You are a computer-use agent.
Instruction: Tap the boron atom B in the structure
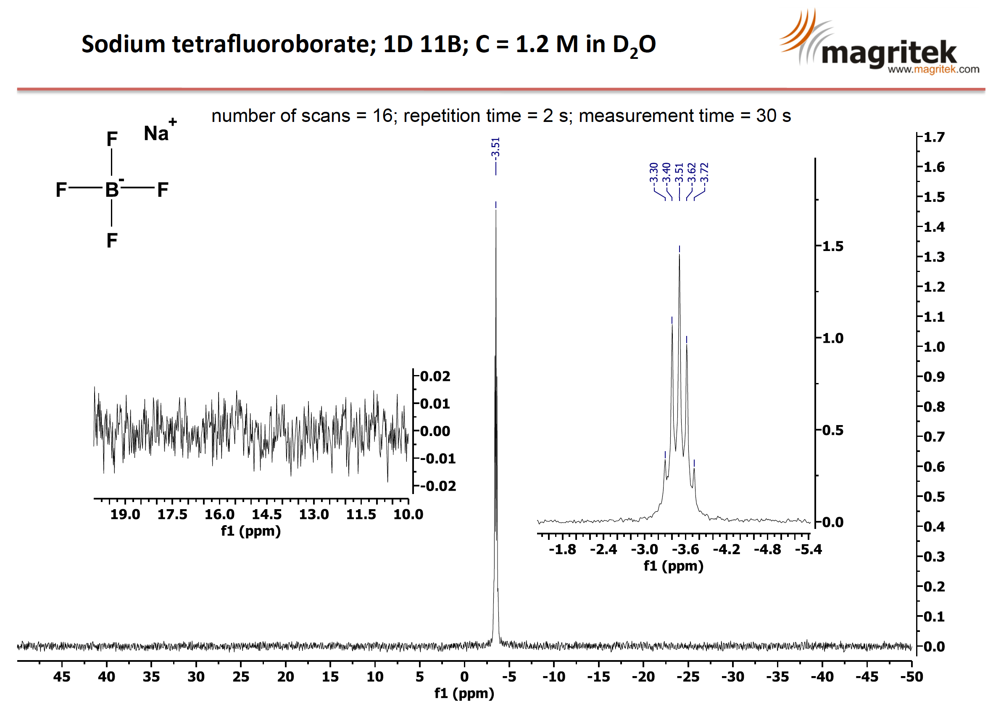(x=112, y=189)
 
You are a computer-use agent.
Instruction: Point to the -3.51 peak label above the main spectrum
(x=495, y=148)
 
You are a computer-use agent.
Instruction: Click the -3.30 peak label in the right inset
(x=653, y=173)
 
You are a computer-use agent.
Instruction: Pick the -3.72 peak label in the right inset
(x=704, y=173)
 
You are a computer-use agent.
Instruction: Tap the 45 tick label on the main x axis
(x=62, y=677)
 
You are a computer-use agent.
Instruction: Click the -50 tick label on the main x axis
(x=911, y=677)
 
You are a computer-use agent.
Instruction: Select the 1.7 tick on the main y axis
(x=934, y=137)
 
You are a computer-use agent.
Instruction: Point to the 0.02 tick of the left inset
(x=435, y=376)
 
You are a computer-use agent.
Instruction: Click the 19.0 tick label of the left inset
(x=125, y=514)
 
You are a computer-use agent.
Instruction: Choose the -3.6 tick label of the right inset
(x=685, y=549)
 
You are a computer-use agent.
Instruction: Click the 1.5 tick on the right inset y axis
(x=832, y=246)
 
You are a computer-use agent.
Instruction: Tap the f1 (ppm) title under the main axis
(x=464, y=693)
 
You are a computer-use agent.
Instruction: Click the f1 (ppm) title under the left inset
(x=251, y=531)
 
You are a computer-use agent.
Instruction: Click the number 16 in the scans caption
(x=382, y=116)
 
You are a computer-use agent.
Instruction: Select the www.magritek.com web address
(x=933, y=69)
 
